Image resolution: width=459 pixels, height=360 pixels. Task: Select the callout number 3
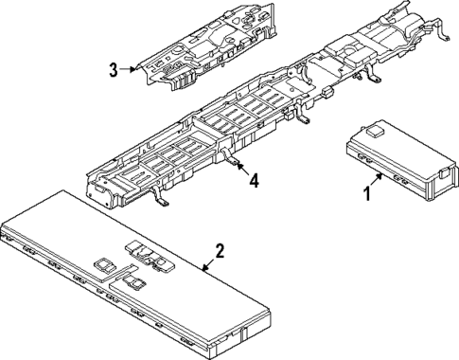[113, 69]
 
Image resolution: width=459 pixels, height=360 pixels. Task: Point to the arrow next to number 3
[129, 69]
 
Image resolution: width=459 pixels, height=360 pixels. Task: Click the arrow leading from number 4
[241, 170]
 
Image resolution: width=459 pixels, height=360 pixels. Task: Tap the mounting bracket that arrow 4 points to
[230, 160]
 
